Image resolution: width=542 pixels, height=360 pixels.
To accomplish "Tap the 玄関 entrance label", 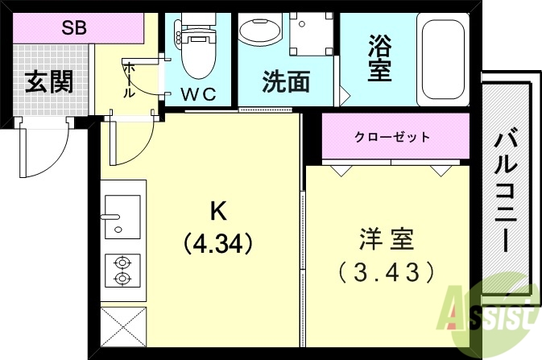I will [x=48, y=81].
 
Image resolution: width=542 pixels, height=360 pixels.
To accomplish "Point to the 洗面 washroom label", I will [x=286, y=82].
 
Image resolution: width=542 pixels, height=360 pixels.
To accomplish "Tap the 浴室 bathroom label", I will [x=380, y=57].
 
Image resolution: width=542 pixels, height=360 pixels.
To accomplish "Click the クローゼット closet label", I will [x=392, y=137].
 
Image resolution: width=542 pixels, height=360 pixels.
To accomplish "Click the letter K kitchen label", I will [x=218, y=212].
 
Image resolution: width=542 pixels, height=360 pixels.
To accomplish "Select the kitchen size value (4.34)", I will [x=218, y=242].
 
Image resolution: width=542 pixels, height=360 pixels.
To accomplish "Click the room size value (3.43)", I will [x=387, y=272].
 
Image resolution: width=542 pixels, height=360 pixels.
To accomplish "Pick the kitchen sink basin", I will [x=122, y=216].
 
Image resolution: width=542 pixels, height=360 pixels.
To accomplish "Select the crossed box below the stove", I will [x=122, y=328].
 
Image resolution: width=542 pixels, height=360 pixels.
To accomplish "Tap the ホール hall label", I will [x=130, y=81].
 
